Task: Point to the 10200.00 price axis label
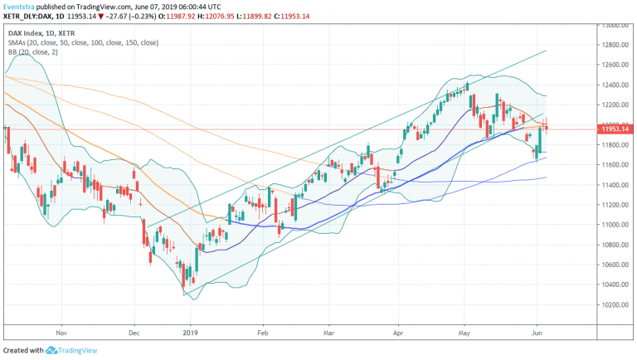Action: click(x=615, y=304)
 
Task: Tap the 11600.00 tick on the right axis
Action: click(x=615, y=165)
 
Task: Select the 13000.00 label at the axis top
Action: click(x=615, y=25)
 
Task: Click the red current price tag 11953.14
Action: click(x=615, y=129)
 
